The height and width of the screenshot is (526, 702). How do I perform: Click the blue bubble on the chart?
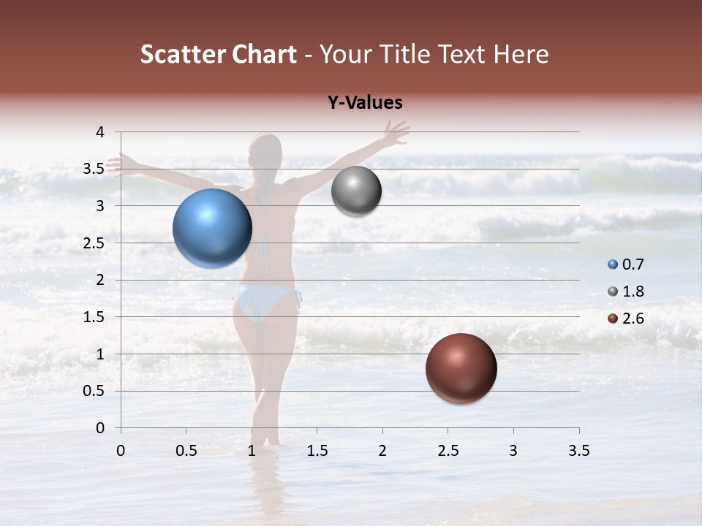[212, 228]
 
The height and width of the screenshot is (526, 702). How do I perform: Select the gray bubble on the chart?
[356, 191]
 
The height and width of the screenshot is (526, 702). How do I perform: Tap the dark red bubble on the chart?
[461, 368]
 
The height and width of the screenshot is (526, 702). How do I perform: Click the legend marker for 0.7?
[613, 264]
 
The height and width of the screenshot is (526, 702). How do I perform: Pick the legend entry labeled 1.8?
[633, 291]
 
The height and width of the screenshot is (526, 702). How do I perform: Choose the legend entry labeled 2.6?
[633, 319]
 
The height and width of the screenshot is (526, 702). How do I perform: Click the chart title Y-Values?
[365, 103]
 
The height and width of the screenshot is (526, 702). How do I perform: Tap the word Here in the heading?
[520, 54]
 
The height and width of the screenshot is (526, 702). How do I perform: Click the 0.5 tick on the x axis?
[186, 451]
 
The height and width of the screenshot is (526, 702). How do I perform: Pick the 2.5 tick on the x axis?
[448, 451]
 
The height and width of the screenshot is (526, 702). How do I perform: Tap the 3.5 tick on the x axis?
[578, 451]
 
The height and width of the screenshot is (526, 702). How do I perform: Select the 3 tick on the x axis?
[513, 451]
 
